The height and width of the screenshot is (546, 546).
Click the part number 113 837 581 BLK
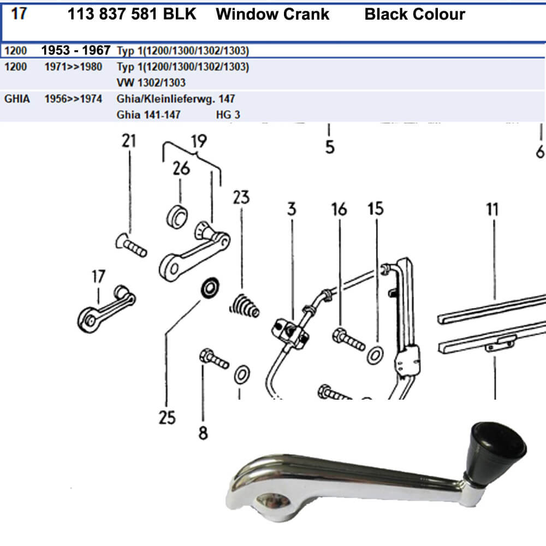click(x=132, y=14)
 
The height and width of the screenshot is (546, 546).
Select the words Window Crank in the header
click(x=272, y=14)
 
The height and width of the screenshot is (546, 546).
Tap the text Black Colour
click(x=414, y=14)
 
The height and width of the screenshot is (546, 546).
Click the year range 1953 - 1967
click(x=76, y=51)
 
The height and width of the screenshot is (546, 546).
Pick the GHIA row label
click(x=17, y=99)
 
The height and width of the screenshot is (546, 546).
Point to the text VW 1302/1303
click(x=151, y=83)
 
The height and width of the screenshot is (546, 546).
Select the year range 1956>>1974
click(x=73, y=99)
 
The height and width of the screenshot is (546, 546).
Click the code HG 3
click(x=228, y=115)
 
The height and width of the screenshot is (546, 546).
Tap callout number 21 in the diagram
click(x=128, y=141)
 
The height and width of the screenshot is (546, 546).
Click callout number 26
click(x=181, y=168)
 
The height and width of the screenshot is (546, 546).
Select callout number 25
click(x=167, y=418)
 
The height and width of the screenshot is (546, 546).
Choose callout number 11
click(x=493, y=209)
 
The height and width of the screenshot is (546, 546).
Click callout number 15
click(x=376, y=209)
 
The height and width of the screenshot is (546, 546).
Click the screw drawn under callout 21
click(x=132, y=246)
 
